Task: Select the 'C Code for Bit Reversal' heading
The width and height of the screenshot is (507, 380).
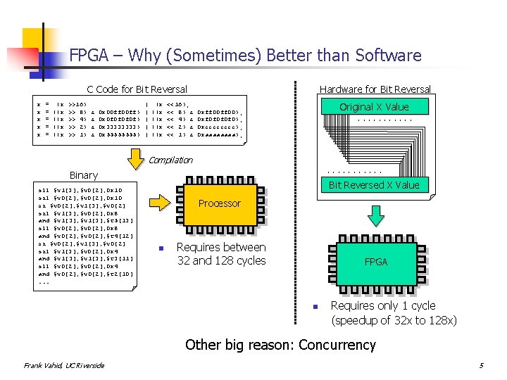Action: point(137,89)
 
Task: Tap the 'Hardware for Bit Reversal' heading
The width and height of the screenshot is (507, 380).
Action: point(375,89)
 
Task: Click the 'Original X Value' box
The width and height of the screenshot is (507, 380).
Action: point(374,107)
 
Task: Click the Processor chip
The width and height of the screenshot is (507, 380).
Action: point(219,203)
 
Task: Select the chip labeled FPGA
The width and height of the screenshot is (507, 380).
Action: point(375,262)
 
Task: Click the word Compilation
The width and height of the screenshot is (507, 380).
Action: point(171,160)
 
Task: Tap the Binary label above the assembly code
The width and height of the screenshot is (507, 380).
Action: point(84,175)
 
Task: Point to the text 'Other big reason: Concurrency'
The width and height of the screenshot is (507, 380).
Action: point(280,345)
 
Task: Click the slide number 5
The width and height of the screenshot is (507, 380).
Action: point(481,365)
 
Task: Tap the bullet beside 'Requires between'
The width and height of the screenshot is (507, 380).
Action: point(161,248)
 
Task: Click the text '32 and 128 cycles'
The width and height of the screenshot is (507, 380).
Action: point(221,260)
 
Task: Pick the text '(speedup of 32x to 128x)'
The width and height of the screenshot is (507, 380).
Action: point(394,320)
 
